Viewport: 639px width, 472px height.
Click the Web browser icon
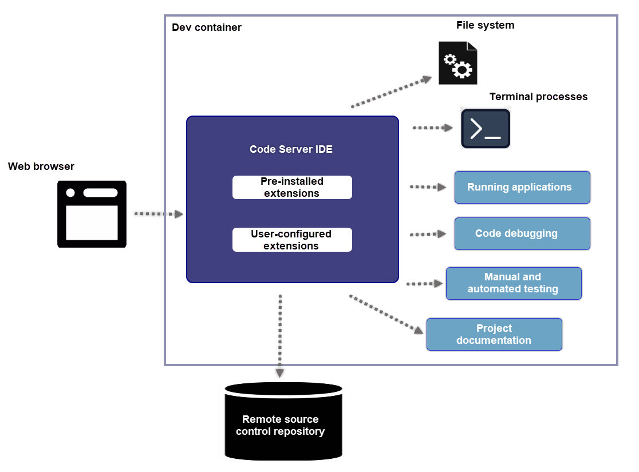click(92, 214)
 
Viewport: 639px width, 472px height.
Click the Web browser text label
click(41, 166)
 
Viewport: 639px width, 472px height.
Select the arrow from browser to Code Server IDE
click(158, 214)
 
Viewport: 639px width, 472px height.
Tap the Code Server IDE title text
click(291, 149)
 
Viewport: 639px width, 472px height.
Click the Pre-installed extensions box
click(292, 187)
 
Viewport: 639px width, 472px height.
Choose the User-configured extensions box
click(292, 240)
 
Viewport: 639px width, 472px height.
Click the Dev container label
click(207, 27)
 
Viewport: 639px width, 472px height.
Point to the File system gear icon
click(457, 63)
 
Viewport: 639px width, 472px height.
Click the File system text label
click(485, 25)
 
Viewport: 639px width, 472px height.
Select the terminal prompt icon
click(486, 129)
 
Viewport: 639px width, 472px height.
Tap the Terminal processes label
click(538, 97)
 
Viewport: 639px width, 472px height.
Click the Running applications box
click(522, 187)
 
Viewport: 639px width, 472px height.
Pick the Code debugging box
click(522, 233)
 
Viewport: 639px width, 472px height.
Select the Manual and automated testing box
click(513, 283)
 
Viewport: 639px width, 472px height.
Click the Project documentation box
click(494, 334)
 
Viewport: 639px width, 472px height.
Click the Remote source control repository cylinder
click(283, 422)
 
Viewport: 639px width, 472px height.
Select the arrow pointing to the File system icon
click(392, 92)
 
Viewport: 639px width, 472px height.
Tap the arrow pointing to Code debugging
click(428, 234)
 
